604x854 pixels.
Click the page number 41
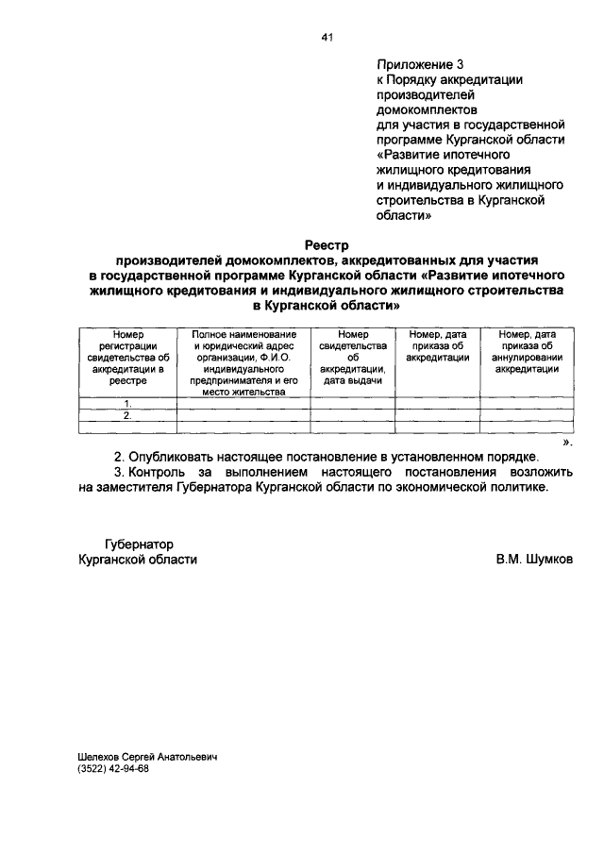tap(327, 37)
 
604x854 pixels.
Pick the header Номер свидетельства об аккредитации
tap(352, 358)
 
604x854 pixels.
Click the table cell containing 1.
tap(126, 403)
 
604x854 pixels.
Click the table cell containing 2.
tap(126, 414)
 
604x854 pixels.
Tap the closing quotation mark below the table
tap(567, 441)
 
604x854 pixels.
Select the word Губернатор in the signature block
tap(139, 543)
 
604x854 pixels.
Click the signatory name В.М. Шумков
tap(534, 559)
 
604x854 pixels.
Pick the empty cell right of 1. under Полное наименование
tap(243, 403)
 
